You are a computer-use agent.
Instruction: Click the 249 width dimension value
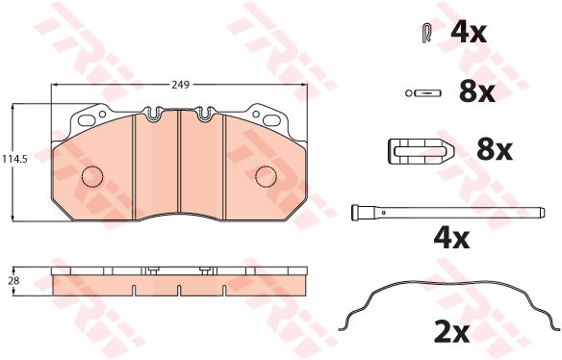coord(180,85)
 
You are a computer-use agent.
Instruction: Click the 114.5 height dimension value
coord(14,159)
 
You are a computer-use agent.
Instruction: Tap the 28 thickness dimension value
coord(13,281)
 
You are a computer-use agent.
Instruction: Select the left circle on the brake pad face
coord(92,176)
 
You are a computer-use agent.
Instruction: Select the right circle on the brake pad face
coord(266,176)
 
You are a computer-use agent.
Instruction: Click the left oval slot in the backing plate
coord(87,120)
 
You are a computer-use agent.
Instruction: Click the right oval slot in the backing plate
coord(271,120)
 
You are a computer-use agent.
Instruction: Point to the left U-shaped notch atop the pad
coord(153,114)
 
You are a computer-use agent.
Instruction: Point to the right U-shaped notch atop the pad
coord(205,114)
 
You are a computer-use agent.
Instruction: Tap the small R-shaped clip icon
coord(426,34)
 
